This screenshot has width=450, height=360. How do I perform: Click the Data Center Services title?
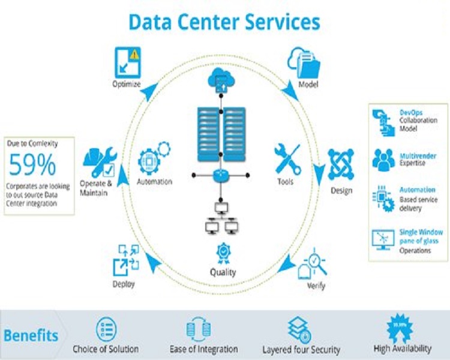[x=224, y=22]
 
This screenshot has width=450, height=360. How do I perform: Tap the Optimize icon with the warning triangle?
[x=127, y=62]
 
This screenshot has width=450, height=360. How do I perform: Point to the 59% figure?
[x=32, y=164]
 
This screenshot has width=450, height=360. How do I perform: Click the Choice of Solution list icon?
[x=106, y=329]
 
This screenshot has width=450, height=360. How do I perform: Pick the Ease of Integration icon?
[x=199, y=329]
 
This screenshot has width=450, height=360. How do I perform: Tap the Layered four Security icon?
[x=299, y=329]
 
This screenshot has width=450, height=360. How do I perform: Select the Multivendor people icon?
[x=383, y=159]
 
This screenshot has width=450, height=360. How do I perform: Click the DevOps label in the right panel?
[x=411, y=112]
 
